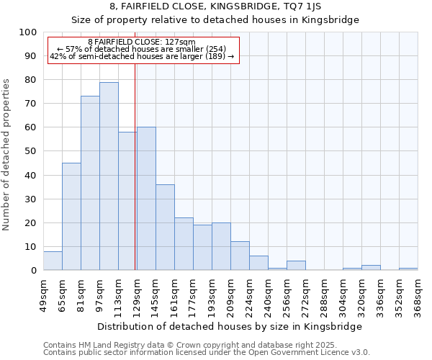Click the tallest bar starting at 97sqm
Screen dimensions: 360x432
109,176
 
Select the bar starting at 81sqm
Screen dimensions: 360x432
90,184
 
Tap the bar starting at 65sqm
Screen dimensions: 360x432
71,216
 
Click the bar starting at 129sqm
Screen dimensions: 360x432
146,199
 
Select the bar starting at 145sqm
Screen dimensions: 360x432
165,228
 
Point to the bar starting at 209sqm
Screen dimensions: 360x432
240,256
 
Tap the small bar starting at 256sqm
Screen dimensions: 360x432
296,266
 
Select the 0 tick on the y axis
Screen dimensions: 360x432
34,271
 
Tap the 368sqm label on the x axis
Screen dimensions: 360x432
418,295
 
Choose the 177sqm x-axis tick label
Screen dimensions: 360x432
193,295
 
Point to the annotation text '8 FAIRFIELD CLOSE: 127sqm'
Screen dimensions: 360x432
141,42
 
